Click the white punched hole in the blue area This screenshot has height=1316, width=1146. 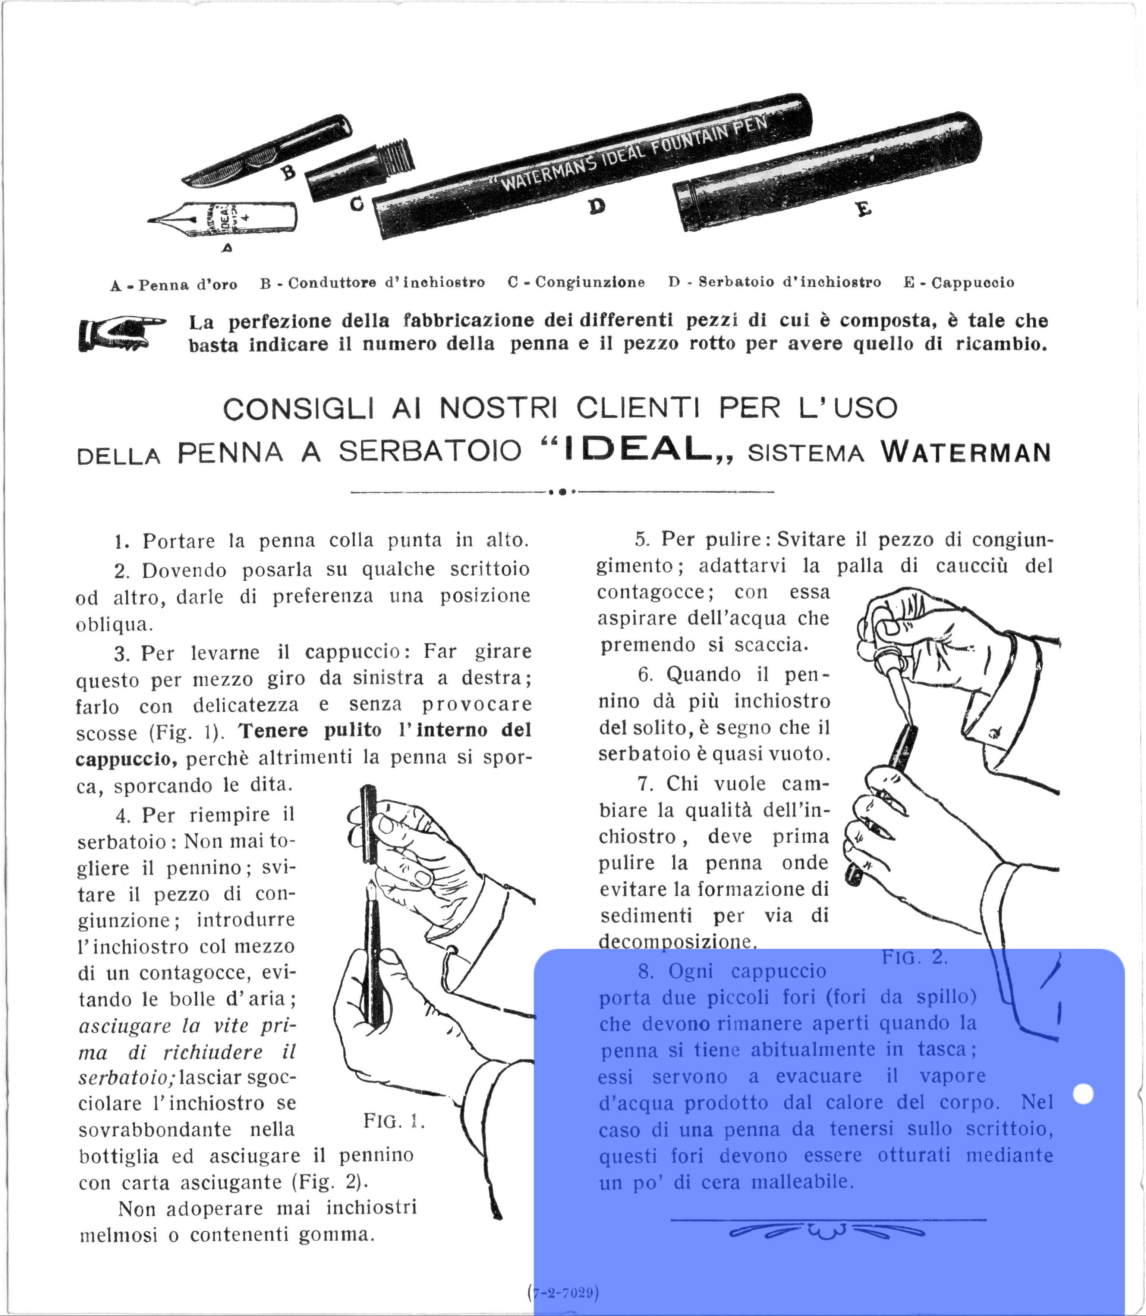[x=1083, y=1093]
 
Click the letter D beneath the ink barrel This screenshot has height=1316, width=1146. [x=596, y=206]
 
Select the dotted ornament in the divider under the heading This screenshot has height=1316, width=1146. [x=561, y=492]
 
